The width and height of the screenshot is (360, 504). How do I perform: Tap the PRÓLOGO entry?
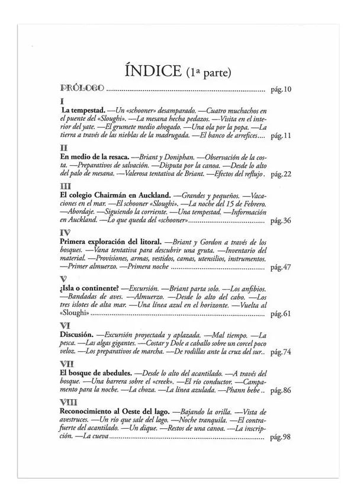82,90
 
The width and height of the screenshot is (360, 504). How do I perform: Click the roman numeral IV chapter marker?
66,233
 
